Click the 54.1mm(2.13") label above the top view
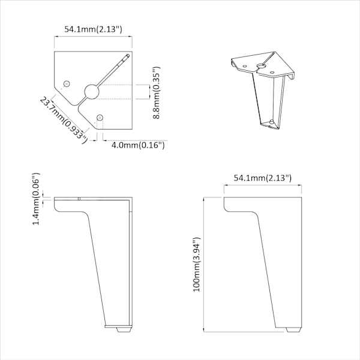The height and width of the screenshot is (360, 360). click(93, 29)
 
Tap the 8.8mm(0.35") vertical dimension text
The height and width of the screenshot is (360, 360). click(157, 93)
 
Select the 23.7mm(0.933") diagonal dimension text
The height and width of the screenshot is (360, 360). click(64, 121)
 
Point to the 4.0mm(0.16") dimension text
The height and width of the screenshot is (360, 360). click(138, 145)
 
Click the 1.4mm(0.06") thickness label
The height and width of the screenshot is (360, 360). click(36, 199)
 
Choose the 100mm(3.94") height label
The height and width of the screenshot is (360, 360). click(197, 264)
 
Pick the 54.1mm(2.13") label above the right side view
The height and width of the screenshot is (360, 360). click(263, 178)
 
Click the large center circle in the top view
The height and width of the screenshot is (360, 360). click(92, 92)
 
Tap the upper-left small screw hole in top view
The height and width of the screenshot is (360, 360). click(67, 83)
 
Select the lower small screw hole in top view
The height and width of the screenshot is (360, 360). click(100, 118)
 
